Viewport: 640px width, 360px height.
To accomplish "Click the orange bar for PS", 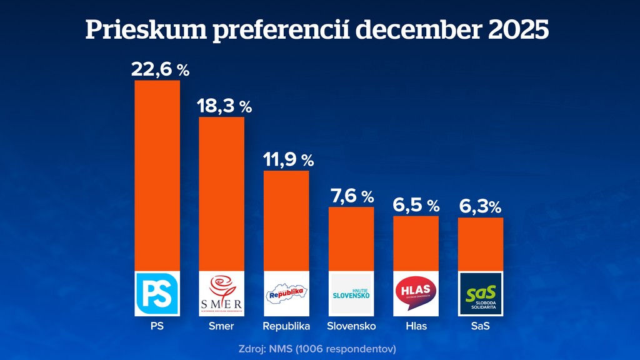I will pos(157,176).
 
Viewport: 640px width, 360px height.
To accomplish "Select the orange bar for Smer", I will pos(221,194).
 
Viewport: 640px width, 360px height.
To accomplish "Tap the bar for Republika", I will pos(286,221).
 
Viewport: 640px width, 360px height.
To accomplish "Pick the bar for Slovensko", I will pos(351,239).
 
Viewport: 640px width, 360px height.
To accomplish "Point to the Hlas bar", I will pos(416,243).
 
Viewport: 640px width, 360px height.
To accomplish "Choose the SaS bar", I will pos(481,244).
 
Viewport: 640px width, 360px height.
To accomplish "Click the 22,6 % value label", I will pos(160,69).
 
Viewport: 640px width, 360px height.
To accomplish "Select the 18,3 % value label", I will pos(224,106).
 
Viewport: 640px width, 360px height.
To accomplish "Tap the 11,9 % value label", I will pos(288,159).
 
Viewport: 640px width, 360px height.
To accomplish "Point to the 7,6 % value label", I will pos(351,196).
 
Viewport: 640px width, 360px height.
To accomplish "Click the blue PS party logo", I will pos(157,294).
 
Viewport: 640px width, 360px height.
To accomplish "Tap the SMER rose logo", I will pos(221,294).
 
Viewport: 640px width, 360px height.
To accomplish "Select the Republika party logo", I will pos(286,294).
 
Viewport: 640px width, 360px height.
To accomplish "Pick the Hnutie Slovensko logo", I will pos(351,294).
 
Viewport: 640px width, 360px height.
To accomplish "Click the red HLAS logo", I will pos(416,294).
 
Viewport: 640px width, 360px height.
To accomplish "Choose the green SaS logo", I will pos(481,294).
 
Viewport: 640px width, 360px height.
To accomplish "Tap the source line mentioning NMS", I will pos(317,347).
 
